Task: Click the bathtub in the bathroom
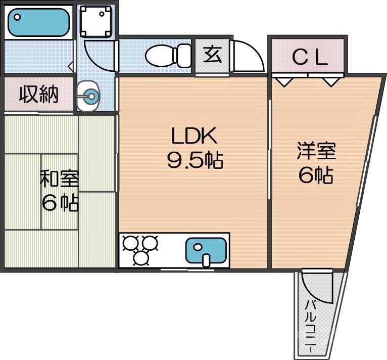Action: pyautogui.click(x=38, y=22)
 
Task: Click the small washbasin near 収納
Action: pyautogui.click(x=90, y=96)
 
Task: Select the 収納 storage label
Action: pyautogui.click(x=38, y=95)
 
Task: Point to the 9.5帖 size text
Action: pyautogui.click(x=195, y=160)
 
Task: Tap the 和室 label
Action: pyautogui.click(x=59, y=179)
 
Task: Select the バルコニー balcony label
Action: pyautogui.click(x=311, y=326)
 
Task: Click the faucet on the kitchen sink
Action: pyautogui.click(x=206, y=260)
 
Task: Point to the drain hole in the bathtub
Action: pyautogui.click(x=17, y=17)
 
